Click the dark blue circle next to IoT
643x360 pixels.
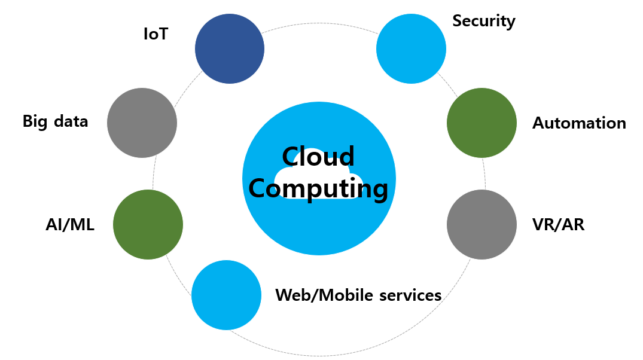pyautogui.click(x=230, y=49)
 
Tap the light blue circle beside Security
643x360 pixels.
pyautogui.click(x=411, y=49)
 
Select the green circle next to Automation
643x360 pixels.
pyautogui.click(x=482, y=123)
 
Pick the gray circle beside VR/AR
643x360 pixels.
pyautogui.click(x=482, y=225)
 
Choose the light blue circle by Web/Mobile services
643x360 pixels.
pyautogui.click(x=226, y=295)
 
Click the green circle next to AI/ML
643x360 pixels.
pyautogui.click(x=148, y=225)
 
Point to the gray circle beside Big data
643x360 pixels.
pyautogui.click(x=142, y=123)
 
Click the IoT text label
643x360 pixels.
pyautogui.click(x=156, y=34)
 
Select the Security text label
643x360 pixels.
pyautogui.click(x=483, y=21)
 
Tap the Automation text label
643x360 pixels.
pyautogui.click(x=579, y=123)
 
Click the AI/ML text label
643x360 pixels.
pyautogui.click(x=70, y=225)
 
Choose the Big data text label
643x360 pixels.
pyautogui.click(x=55, y=121)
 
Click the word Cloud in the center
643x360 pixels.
pyautogui.click(x=318, y=157)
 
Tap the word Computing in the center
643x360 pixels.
pyautogui.click(x=318, y=189)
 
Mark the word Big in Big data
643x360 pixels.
pyautogui.click(x=33, y=122)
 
